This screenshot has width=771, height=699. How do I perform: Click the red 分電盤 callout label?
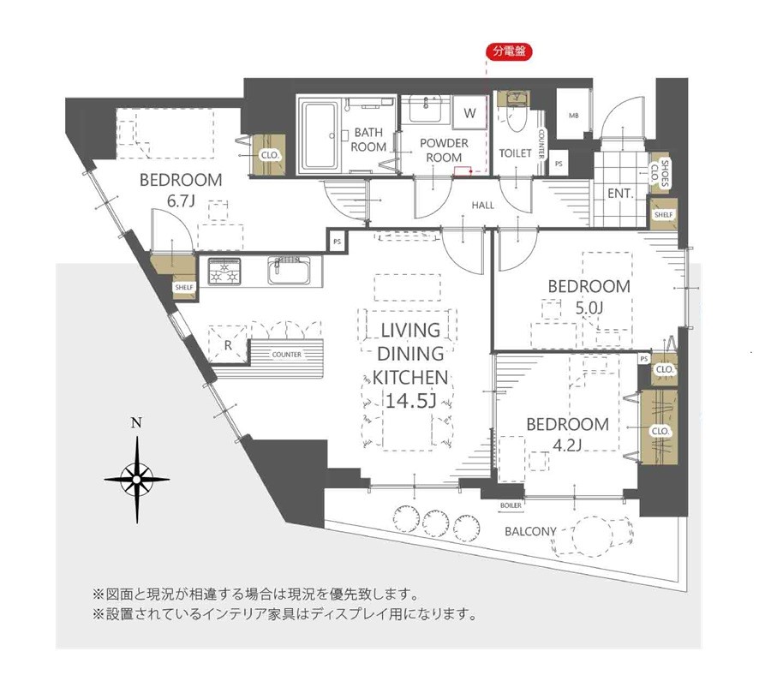click(x=509, y=51)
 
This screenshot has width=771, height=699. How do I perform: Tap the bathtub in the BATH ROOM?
click(x=320, y=135)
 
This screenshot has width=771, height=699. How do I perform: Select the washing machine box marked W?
click(x=469, y=113)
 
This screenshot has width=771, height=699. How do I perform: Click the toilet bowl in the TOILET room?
click(x=517, y=118)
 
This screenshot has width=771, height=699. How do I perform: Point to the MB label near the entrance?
click(x=574, y=116)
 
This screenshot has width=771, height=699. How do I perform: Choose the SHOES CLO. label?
click(x=660, y=174)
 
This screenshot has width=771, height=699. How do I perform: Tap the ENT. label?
click(x=620, y=194)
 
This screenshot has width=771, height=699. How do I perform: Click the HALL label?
click(x=482, y=206)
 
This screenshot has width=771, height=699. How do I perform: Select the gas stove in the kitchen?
click(x=224, y=272)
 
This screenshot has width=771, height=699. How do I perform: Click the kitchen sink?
click(x=290, y=272)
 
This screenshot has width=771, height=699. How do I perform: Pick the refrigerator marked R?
click(x=228, y=344)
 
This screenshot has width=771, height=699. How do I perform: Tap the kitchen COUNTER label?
click(x=287, y=355)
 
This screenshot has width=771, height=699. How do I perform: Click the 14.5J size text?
click(x=410, y=401)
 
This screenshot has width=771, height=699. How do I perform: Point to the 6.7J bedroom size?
click(x=182, y=200)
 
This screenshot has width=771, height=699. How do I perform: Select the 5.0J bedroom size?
click(x=589, y=308)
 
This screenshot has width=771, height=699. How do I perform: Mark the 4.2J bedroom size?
click(x=567, y=445)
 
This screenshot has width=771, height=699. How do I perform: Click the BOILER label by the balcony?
click(x=511, y=505)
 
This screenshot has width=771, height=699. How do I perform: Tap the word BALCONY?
click(x=530, y=531)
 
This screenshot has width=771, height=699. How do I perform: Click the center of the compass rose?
click(x=137, y=479)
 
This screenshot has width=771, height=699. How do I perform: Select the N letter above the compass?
click(x=137, y=423)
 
